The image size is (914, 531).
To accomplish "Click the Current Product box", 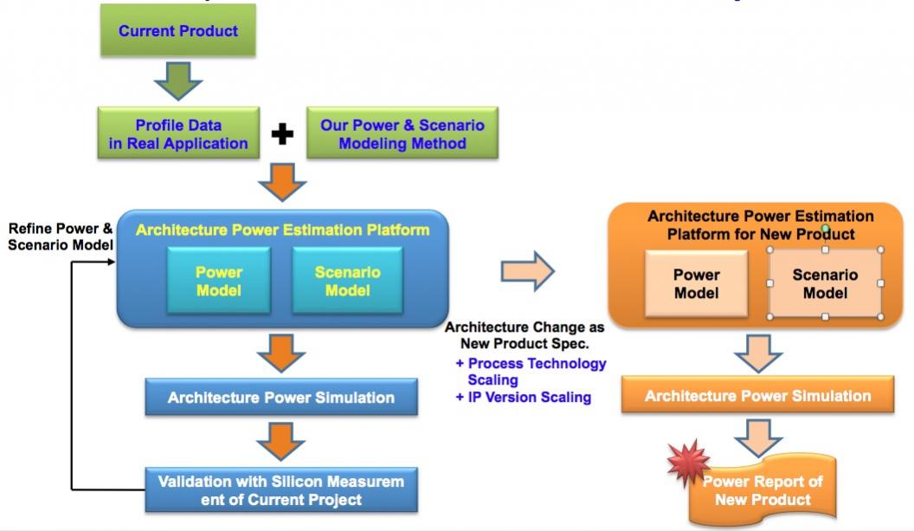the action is tap(177, 30).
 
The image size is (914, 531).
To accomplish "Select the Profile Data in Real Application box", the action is tap(178, 133).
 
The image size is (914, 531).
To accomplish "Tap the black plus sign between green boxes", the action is tap(283, 134).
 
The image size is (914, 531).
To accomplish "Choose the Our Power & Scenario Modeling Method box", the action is tap(402, 133).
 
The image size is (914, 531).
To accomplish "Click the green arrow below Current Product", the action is tap(178, 81).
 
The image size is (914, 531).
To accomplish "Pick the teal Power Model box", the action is tap(219, 281).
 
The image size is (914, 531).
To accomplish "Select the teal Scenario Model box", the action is tap(347, 281).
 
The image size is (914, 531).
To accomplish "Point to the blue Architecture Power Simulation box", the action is tap(281, 398).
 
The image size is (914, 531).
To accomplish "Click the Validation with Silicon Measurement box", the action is tap(281, 490).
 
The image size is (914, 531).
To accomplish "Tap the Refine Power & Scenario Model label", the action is tap(61, 236).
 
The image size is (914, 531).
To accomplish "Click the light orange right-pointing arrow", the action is tap(527, 271).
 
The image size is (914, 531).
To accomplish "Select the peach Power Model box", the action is tap(697, 283).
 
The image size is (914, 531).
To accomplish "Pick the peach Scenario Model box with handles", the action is tap(825, 283).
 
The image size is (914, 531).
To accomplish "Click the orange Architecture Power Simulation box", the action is tap(758, 395).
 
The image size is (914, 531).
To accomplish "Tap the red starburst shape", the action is tap(689, 463).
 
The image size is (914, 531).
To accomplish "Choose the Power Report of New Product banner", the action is tap(763, 491).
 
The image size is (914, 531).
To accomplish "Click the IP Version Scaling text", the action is tap(524, 397).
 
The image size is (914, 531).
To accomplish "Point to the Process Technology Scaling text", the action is tap(531, 371).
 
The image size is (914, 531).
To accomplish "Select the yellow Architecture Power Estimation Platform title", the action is tap(283, 230).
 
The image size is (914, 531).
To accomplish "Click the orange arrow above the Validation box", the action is tap(281, 441).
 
